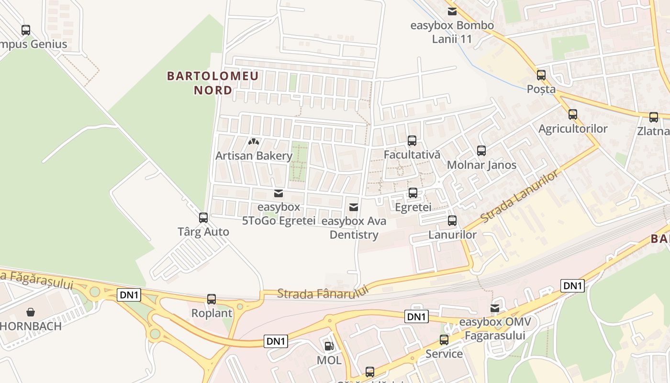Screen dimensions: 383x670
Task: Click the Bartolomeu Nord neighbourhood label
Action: (212, 82)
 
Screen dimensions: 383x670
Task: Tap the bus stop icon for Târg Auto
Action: (203, 218)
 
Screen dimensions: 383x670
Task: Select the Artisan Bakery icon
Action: (254, 142)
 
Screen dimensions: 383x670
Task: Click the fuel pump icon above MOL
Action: (329, 346)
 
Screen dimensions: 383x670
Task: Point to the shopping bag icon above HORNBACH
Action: (31, 312)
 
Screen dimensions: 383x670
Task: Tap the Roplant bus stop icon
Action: (212, 299)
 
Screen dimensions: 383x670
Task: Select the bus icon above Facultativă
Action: (412, 141)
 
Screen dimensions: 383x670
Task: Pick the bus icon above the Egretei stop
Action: (413, 193)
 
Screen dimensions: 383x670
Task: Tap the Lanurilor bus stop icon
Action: (452, 221)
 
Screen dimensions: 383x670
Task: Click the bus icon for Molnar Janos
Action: (481, 151)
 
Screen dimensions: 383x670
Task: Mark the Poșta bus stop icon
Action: (541, 75)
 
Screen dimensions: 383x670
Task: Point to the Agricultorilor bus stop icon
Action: (573, 114)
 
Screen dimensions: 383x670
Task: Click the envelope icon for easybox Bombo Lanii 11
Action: (452, 11)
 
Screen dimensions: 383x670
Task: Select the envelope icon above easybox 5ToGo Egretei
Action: (278, 193)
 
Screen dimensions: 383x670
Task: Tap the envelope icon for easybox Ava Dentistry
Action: (354, 207)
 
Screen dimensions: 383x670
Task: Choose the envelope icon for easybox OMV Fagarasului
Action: (495, 308)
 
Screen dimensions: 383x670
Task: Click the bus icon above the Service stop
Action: (444, 340)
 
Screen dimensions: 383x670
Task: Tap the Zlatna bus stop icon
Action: (654, 117)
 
